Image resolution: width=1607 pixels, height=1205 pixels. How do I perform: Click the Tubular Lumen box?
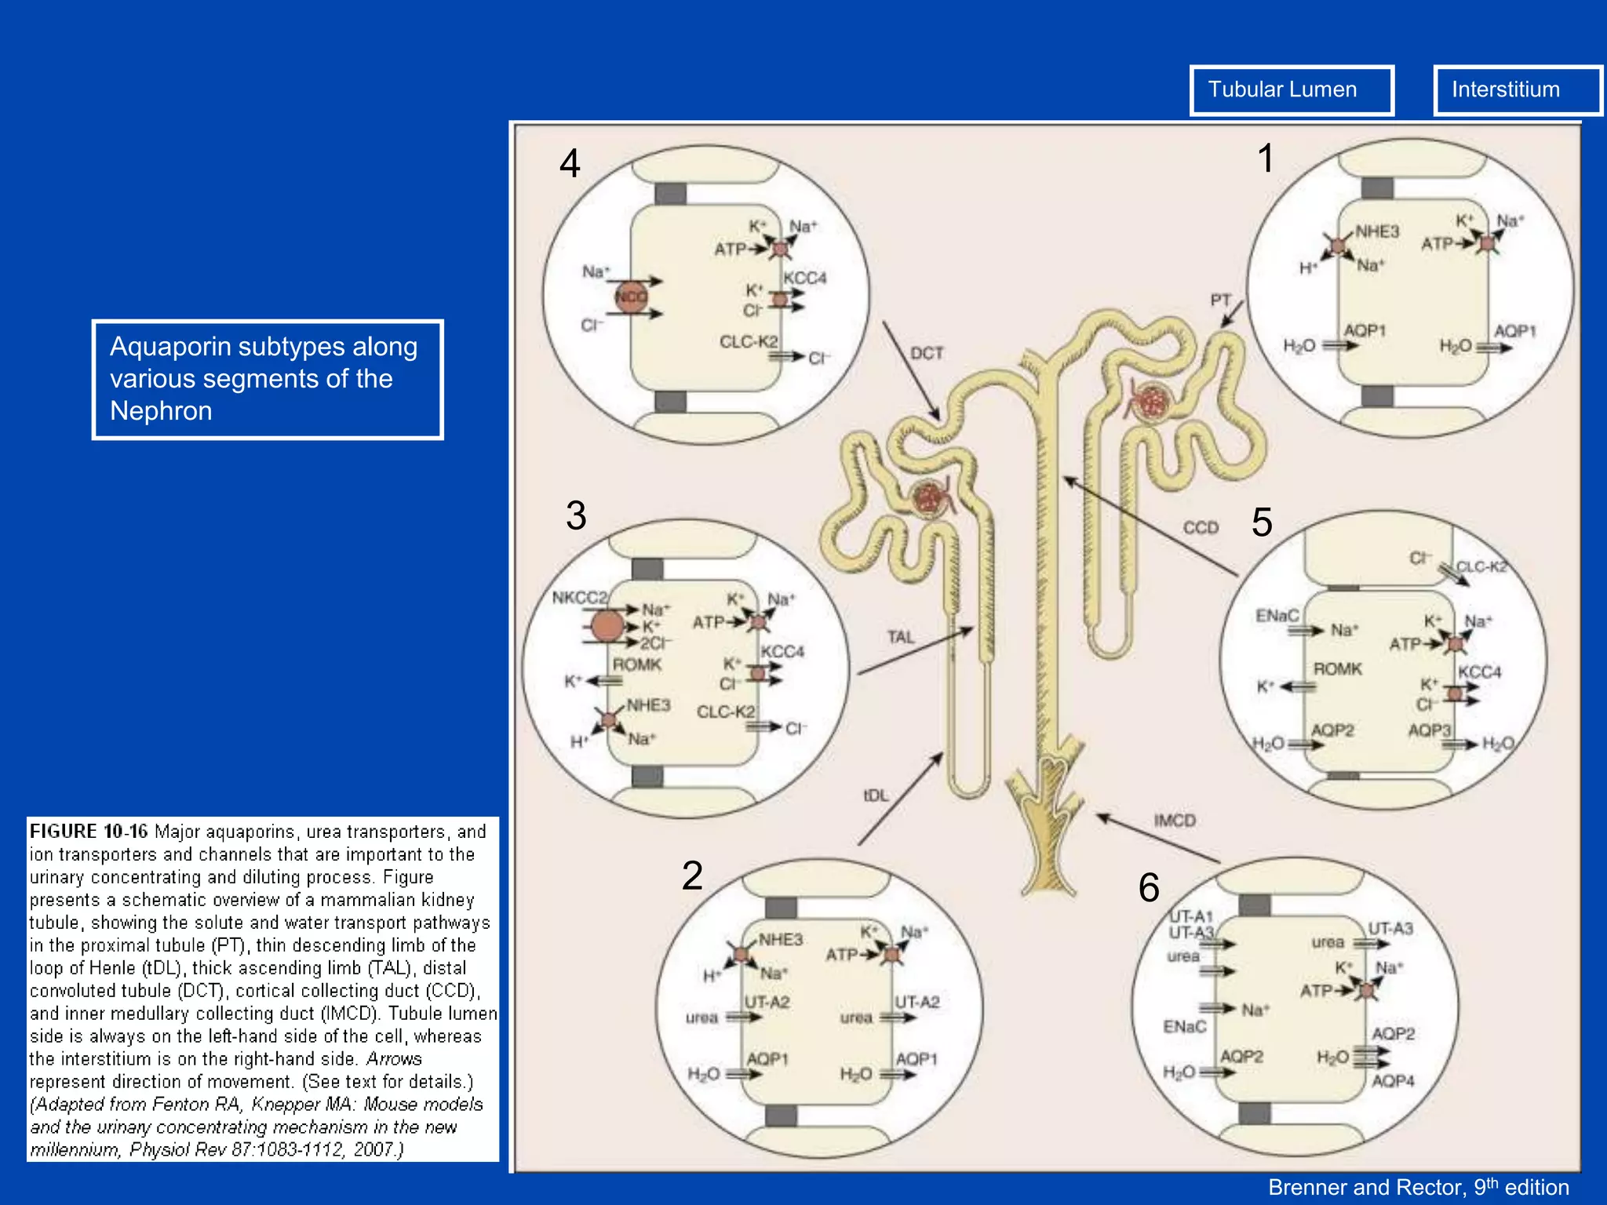(1291, 90)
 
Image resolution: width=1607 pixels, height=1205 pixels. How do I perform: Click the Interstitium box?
(1516, 90)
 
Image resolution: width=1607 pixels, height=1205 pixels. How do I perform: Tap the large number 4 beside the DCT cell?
(570, 164)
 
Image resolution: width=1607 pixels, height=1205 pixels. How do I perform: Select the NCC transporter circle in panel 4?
(630, 297)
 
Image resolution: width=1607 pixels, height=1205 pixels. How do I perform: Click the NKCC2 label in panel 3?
(579, 598)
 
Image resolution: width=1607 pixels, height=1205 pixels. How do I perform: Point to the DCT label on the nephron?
(927, 354)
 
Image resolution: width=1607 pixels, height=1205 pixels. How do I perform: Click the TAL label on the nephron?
(901, 637)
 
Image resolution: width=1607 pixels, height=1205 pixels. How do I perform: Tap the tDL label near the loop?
(876, 795)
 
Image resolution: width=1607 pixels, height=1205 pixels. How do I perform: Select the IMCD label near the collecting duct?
(1175, 821)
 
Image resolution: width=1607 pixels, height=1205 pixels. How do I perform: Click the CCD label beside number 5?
(1201, 528)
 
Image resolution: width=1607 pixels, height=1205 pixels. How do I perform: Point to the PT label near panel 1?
(1220, 300)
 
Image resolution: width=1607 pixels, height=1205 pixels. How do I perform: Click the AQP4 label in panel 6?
(1393, 1081)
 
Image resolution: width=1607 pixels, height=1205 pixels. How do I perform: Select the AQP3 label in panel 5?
(1429, 730)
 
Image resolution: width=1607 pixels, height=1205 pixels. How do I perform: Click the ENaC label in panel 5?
(1277, 616)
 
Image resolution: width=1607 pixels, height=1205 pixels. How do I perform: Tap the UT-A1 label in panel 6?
(1191, 916)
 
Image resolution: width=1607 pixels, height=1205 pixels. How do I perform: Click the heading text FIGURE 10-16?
(88, 832)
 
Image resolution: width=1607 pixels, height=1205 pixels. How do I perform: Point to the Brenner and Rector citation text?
(1418, 1188)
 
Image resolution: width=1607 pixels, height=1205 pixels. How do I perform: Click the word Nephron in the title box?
(161, 411)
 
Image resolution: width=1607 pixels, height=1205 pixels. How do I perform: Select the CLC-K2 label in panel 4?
(748, 342)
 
